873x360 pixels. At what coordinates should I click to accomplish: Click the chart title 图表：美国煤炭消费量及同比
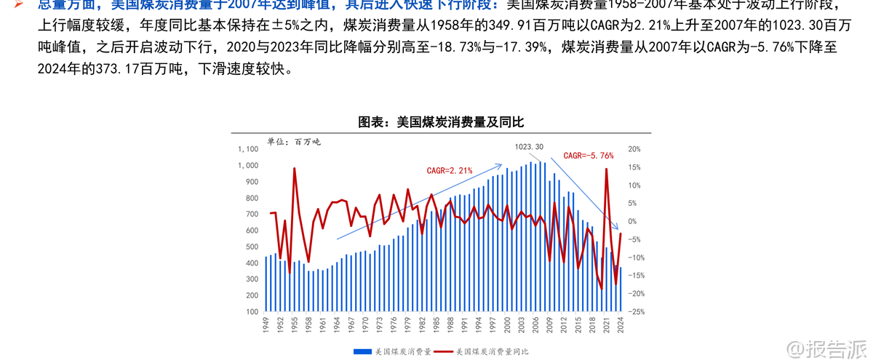(441, 122)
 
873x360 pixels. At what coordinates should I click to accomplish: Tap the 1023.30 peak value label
(529, 147)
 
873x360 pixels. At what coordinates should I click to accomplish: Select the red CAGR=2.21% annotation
(449, 170)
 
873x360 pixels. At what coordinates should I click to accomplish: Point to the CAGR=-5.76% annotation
(589, 156)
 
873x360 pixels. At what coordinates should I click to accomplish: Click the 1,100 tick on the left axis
(248, 149)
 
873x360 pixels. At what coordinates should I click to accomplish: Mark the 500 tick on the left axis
(251, 247)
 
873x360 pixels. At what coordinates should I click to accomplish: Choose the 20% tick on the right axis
(634, 149)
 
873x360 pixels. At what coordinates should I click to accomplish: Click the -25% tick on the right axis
(635, 312)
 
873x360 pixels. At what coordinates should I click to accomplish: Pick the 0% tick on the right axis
(632, 222)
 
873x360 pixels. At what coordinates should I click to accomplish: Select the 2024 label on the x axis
(621, 324)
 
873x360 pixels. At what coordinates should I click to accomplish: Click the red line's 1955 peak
(295, 169)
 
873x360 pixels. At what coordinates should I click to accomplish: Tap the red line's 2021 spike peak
(606, 170)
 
